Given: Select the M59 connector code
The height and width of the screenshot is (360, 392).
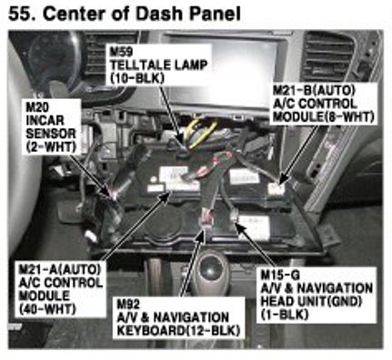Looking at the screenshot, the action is tap(121, 52).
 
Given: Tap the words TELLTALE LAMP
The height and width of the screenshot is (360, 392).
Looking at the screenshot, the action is tap(158, 65).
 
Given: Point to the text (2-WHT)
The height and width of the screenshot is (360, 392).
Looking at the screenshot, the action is tap(51, 147).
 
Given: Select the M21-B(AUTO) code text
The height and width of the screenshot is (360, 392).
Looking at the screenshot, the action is tap(314, 90).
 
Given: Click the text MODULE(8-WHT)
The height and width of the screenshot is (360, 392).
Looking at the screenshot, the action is tap(323, 117).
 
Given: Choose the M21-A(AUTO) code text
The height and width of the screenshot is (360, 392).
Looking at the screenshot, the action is tap(59, 269).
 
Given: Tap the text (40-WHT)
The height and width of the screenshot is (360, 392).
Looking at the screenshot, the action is tap(47, 309).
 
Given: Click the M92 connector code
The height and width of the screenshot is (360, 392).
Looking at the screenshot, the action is tap(128, 304).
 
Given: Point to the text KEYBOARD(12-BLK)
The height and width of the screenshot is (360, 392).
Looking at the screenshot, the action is tap(178, 331).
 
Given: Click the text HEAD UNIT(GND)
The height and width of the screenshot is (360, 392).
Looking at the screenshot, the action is tap(311, 301).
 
